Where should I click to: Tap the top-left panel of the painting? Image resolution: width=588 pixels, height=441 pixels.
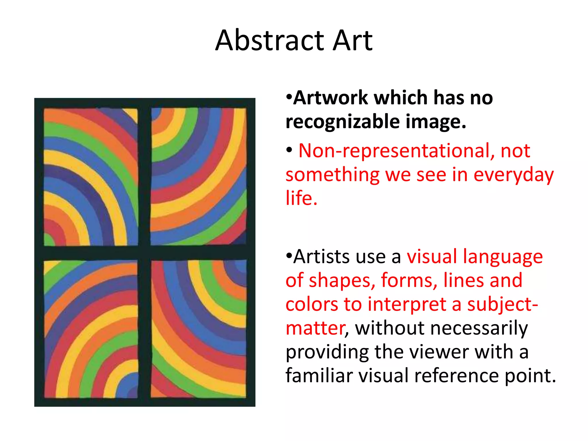point(91,177)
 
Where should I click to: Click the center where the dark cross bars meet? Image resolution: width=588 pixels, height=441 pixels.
point(144,253)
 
